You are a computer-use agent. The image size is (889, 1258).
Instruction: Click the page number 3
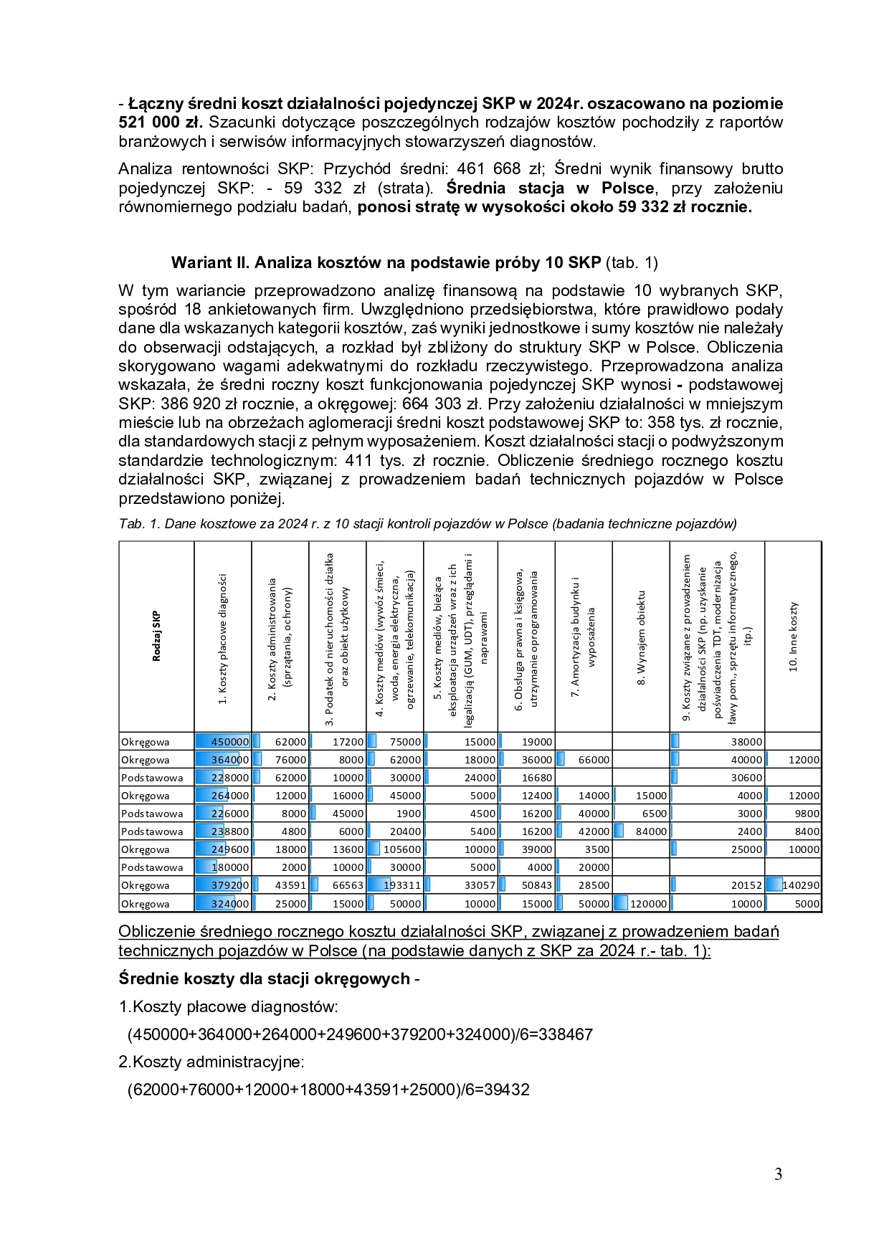778,1174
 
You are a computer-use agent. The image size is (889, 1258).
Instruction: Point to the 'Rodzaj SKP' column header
156,636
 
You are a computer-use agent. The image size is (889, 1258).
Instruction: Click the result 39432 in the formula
506,1090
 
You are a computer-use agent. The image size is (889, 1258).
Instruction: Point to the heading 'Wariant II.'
210,262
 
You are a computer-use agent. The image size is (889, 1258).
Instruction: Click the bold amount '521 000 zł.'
161,123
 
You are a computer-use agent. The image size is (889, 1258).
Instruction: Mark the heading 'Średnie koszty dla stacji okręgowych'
264,978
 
